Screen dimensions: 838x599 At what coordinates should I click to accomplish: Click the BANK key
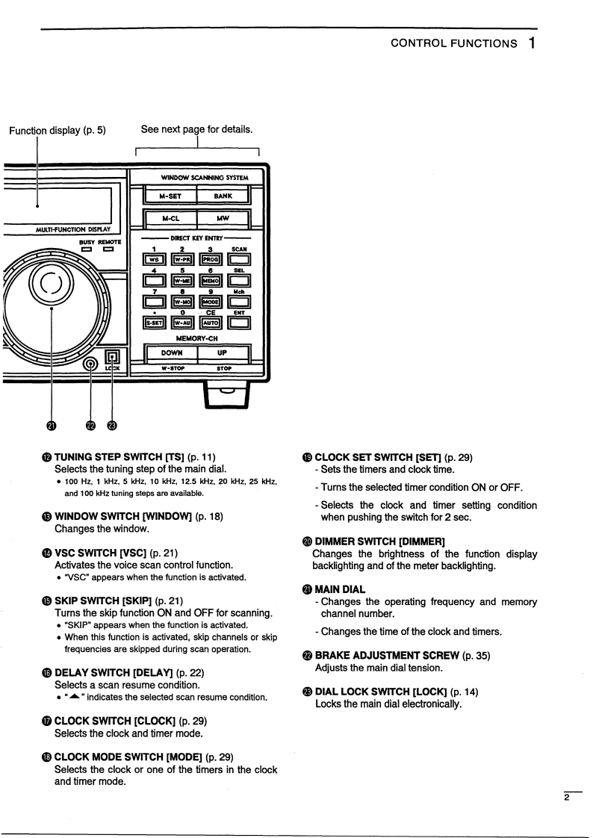coord(223,196)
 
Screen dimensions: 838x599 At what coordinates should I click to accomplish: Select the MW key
coord(223,220)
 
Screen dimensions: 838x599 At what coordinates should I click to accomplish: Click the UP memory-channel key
coord(223,352)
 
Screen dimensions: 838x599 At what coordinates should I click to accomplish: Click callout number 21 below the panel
coord(51,426)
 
